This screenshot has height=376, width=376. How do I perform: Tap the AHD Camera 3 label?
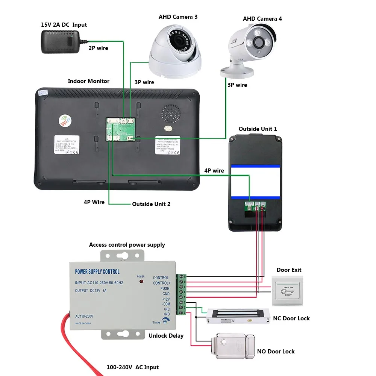178,17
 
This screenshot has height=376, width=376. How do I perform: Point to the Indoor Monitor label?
89,81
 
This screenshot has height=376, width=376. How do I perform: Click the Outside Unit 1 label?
258,129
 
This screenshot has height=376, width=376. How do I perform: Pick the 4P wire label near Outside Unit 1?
214,171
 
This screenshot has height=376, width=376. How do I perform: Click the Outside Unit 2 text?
151,204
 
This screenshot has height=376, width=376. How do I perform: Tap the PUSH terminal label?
165,289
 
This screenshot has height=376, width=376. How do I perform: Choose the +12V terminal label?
166,299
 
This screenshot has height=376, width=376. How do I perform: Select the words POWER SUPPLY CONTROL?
97,272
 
